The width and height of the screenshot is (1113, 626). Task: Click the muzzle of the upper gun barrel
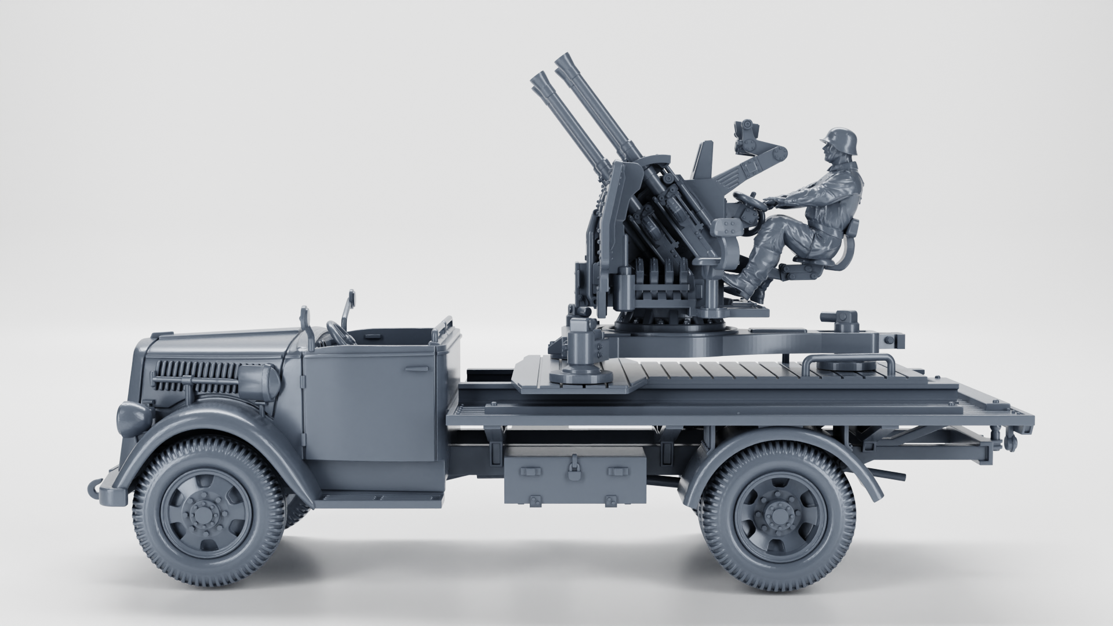(561, 61)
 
